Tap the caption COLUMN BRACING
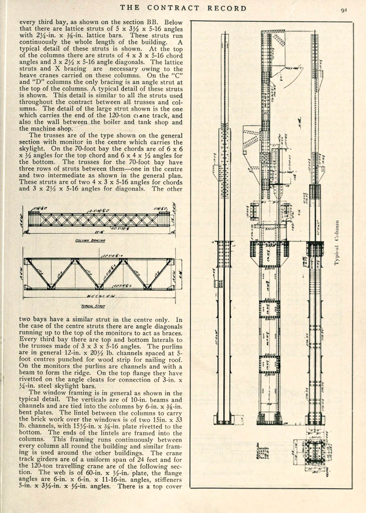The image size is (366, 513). pyautogui.click(x=90, y=240)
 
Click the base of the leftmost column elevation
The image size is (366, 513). pyautogui.click(x=223, y=420)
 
